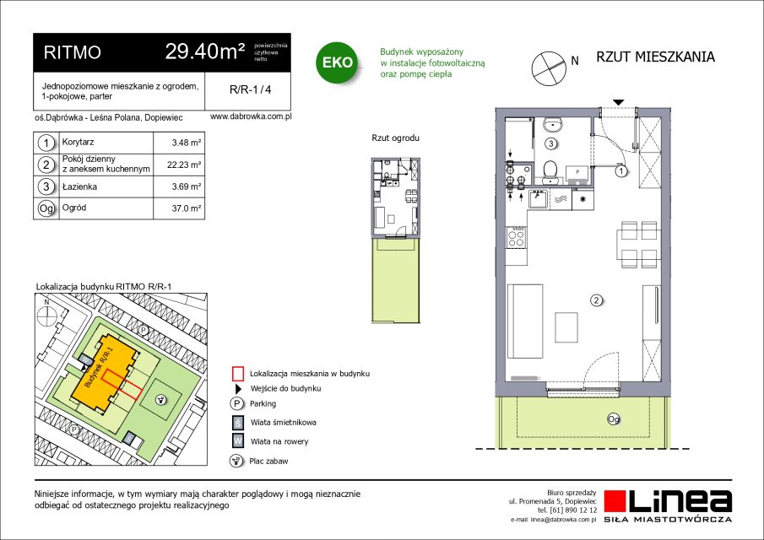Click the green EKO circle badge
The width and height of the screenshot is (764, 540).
(x=337, y=62)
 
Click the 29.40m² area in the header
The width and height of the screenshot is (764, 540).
(x=205, y=51)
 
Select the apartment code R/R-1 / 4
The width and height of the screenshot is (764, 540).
(x=251, y=89)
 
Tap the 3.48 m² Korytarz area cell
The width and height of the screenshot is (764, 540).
(x=186, y=143)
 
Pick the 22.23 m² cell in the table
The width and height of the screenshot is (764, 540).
(x=184, y=165)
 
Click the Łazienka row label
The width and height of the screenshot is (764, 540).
(x=79, y=186)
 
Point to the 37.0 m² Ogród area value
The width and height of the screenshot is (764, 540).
(x=186, y=208)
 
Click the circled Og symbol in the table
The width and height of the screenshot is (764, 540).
(x=46, y=209)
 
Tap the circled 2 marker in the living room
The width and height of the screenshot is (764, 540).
(x=596, y=300)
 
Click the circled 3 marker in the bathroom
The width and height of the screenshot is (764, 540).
(x=550, y=143)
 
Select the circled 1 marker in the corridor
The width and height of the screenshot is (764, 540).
(x=621, y=171)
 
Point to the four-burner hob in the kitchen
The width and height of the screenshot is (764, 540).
(x=516, y=237)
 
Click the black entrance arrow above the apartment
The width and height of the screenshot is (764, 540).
(x=618, y=102)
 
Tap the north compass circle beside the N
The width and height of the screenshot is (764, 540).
(x=549, y=69)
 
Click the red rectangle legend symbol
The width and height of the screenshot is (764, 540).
(x=237, y=374)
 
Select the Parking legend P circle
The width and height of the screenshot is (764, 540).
(x=236, y=403)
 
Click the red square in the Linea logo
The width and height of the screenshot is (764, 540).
(x=615, y=501)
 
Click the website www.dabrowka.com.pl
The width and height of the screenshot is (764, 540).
(x=251, y=117)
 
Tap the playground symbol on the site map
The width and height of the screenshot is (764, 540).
(x=160, y=400)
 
